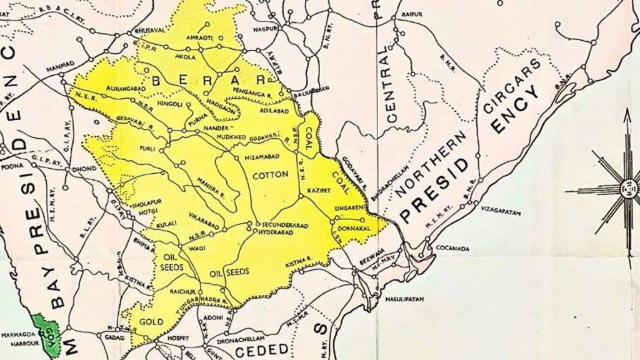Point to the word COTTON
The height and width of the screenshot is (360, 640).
point(269,176)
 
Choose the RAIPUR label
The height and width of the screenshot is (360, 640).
point(412,14)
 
